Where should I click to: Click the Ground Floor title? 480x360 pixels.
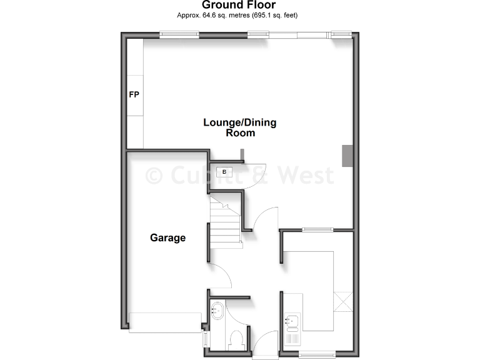pyautogui.click(x=239, y=6)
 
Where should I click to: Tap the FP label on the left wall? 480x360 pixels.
pyautogui.click(x=134, y=95)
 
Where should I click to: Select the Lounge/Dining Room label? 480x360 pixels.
pyautogui.click(x=239, y=127)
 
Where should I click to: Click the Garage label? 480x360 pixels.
pyautogui.click(x=167, y=237)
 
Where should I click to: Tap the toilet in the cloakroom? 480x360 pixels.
pyautogui.click(x=236, y=339)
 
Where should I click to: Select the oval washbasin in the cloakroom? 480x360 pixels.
pyautogui.click(x=217, y=309)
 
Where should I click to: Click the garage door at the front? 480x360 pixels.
pyautogui.click(x=165, y=322)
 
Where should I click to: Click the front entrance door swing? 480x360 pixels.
pyautogui.click(x=265, y=344)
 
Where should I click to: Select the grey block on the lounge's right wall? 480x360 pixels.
pyautogui.click(x=347, y=156)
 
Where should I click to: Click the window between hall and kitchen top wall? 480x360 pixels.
pyautogui.click(x=317, y=230)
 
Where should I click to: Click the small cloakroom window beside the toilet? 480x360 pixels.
pyautogui.click(x=206, y=339)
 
